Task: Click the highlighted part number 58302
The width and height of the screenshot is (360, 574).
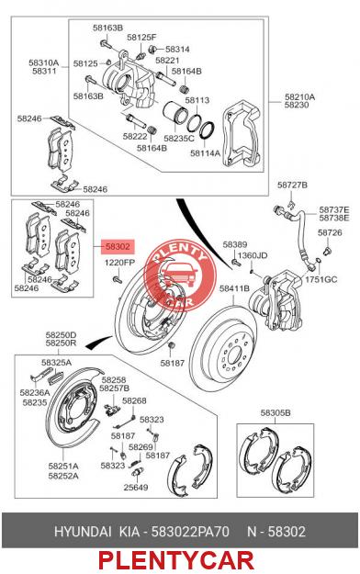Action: click(118, 246)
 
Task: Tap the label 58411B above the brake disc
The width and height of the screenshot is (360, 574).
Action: click(234, 288)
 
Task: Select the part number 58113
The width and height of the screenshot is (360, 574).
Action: click(197, 100)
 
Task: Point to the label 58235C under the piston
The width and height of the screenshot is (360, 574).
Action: click(179, 139)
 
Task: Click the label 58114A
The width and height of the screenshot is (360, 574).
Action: click(205, 153)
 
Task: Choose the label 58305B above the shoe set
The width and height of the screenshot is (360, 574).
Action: click(276, 412)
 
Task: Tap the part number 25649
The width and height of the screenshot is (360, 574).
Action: click(136, 488)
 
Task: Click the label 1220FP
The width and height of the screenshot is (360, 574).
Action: click(119, 263)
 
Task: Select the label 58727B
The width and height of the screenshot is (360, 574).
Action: click(292, 185)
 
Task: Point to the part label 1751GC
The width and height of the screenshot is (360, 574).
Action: click(321, 279)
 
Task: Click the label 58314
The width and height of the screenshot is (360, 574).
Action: click(177, 49)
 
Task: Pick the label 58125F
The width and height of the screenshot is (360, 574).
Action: click(141, 38)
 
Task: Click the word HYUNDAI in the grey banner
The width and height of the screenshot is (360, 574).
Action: click(83, 531)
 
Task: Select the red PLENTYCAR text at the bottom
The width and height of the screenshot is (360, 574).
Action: click(175, 560)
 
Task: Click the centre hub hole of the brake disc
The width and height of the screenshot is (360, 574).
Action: click(233, 355)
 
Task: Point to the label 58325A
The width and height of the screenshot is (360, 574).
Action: click(56, 363)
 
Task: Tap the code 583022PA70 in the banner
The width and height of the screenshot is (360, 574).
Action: click(190, 531)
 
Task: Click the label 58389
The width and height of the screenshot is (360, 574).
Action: click(235, 244)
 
